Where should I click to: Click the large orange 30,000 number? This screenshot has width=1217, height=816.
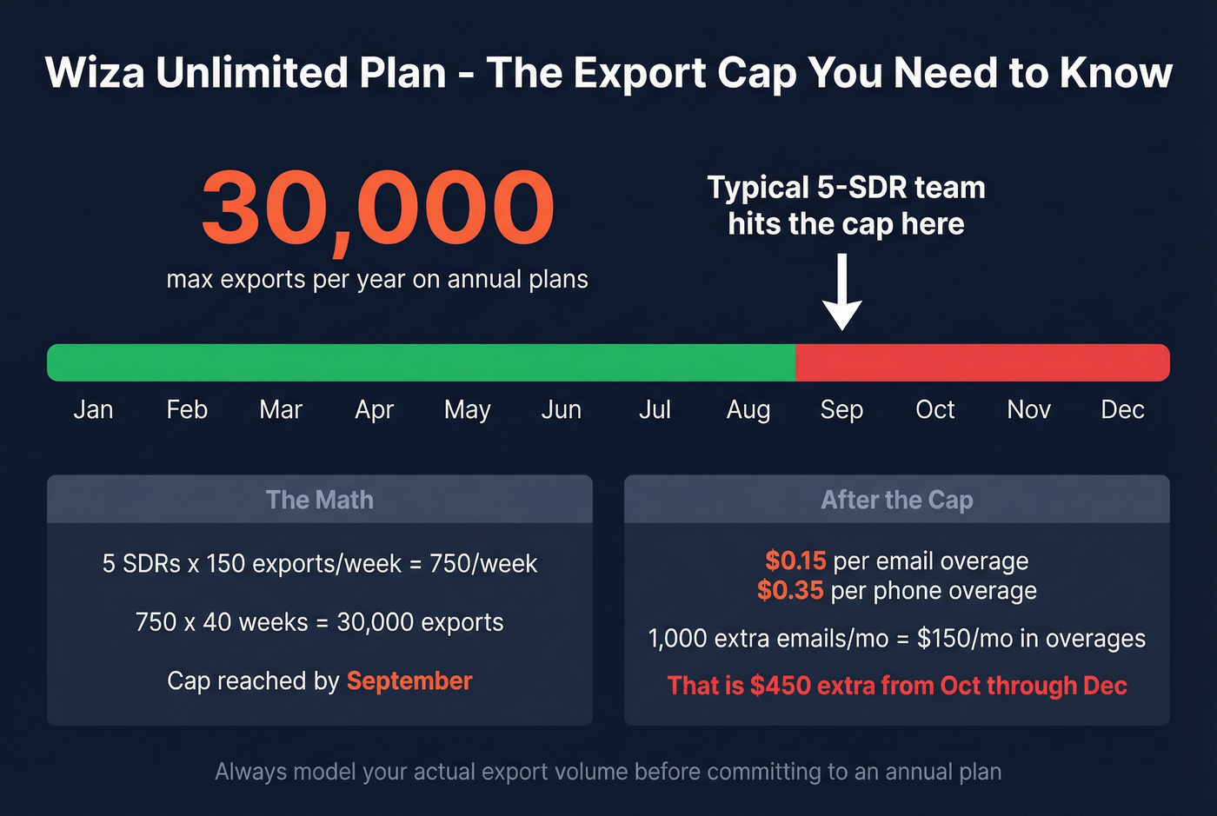tap(377, 209)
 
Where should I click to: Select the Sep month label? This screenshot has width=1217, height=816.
tap(841, 409)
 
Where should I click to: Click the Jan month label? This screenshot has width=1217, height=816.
tap(93, 409)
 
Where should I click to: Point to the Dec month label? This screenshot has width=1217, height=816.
tap(1121, 409)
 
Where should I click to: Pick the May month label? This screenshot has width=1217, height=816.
tap(467, 409)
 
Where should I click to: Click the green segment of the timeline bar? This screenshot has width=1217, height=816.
tap(421, 362)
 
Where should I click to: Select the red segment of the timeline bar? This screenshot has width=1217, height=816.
tap(982, 362)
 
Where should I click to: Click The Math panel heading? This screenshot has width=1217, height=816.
tap(319, 500)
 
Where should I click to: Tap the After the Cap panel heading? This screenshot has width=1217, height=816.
tap(896, 500)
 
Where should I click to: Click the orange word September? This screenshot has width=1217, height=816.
tap(409, 680)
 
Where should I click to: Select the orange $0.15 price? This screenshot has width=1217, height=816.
tap(795, 561)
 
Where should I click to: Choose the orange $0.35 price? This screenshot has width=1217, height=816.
tap(789, 591)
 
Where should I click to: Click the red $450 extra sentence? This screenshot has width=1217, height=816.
tap(896, 686)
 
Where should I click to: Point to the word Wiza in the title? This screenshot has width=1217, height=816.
tap(94, 73)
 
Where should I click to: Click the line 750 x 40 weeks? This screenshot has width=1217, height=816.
tap(319, 622)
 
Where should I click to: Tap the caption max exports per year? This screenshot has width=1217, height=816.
tap(377, 280)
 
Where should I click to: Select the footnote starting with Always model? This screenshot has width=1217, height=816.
tap(608, 772)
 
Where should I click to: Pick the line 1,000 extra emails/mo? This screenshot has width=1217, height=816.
tap(896, 639)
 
